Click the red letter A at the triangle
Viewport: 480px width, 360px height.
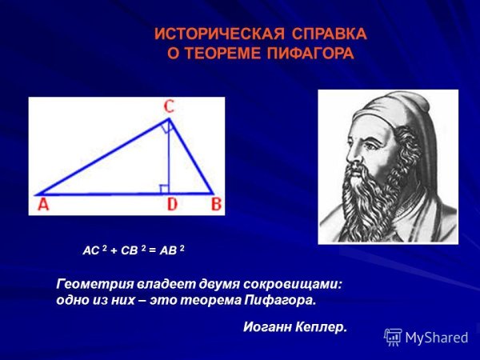[42, 204]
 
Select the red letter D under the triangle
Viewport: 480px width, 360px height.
[170, 205]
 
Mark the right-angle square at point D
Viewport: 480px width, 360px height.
[164, 189]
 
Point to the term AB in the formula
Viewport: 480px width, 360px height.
[170, 250]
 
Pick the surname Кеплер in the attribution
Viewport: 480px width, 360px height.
[321, 326]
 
